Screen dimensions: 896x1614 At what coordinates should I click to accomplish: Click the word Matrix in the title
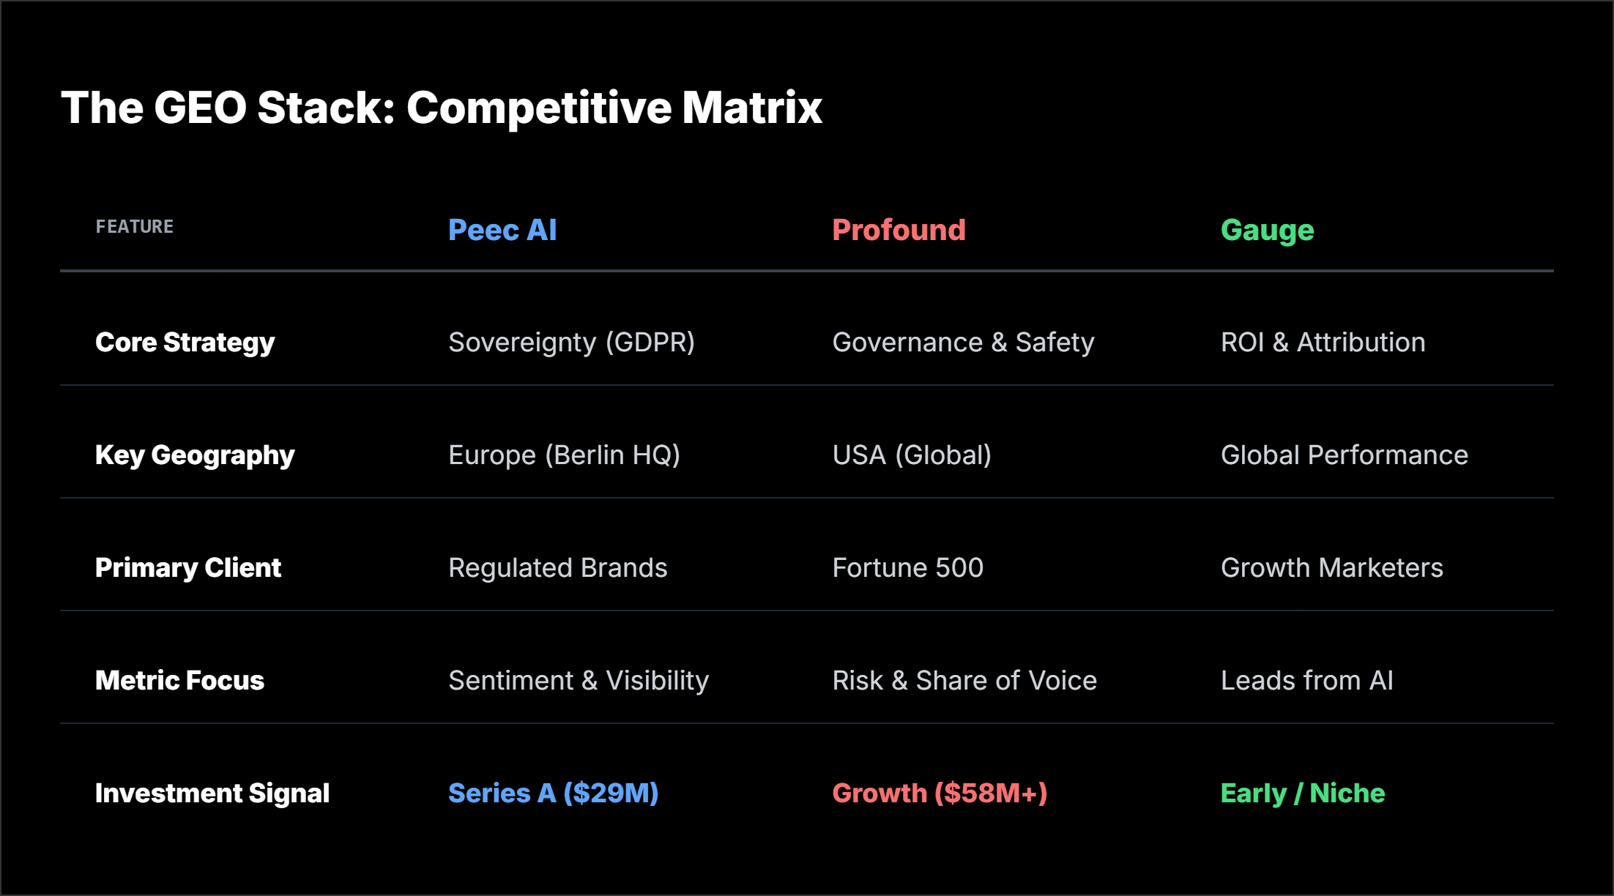click(752, 108)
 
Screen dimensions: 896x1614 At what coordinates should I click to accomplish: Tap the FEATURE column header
click(135, 227)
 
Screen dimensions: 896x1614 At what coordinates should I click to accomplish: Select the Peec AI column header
click(502, 231)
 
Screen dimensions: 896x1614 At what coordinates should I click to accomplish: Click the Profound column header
click(899, 231)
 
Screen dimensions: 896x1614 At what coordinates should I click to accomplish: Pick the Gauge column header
click(1267, 231)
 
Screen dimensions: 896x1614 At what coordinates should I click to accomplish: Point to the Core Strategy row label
click(185, 343)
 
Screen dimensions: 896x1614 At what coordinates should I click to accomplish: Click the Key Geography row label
click(195, 455)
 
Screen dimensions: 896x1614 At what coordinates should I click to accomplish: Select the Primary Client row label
click(188, 568)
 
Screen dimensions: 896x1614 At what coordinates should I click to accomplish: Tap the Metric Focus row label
click(179, 681)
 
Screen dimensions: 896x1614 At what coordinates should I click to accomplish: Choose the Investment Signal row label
click(212, 794)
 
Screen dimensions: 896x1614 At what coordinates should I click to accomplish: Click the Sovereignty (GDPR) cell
click(571, 343)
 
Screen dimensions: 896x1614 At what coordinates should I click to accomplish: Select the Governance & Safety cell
click(963, 343)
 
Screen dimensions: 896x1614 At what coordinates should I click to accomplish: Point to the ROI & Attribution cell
click(1323, 343)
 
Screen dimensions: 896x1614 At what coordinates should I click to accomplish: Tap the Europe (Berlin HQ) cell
click(564, 455)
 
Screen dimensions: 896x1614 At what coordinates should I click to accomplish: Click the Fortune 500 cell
click(907, 568)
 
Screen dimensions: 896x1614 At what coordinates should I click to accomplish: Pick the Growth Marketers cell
click(1331, 568)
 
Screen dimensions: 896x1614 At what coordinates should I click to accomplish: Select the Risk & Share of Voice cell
click(964, 681)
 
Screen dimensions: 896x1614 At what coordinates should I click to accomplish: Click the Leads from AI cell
click(1306, 681)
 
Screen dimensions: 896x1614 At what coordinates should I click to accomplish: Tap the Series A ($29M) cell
click(553, 794)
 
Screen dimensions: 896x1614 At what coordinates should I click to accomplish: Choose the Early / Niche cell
click(1302, 794)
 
